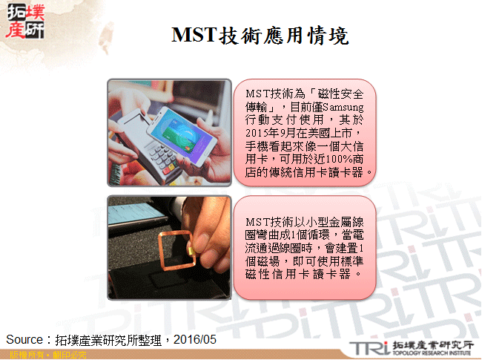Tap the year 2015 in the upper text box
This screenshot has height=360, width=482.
(260, 133)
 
